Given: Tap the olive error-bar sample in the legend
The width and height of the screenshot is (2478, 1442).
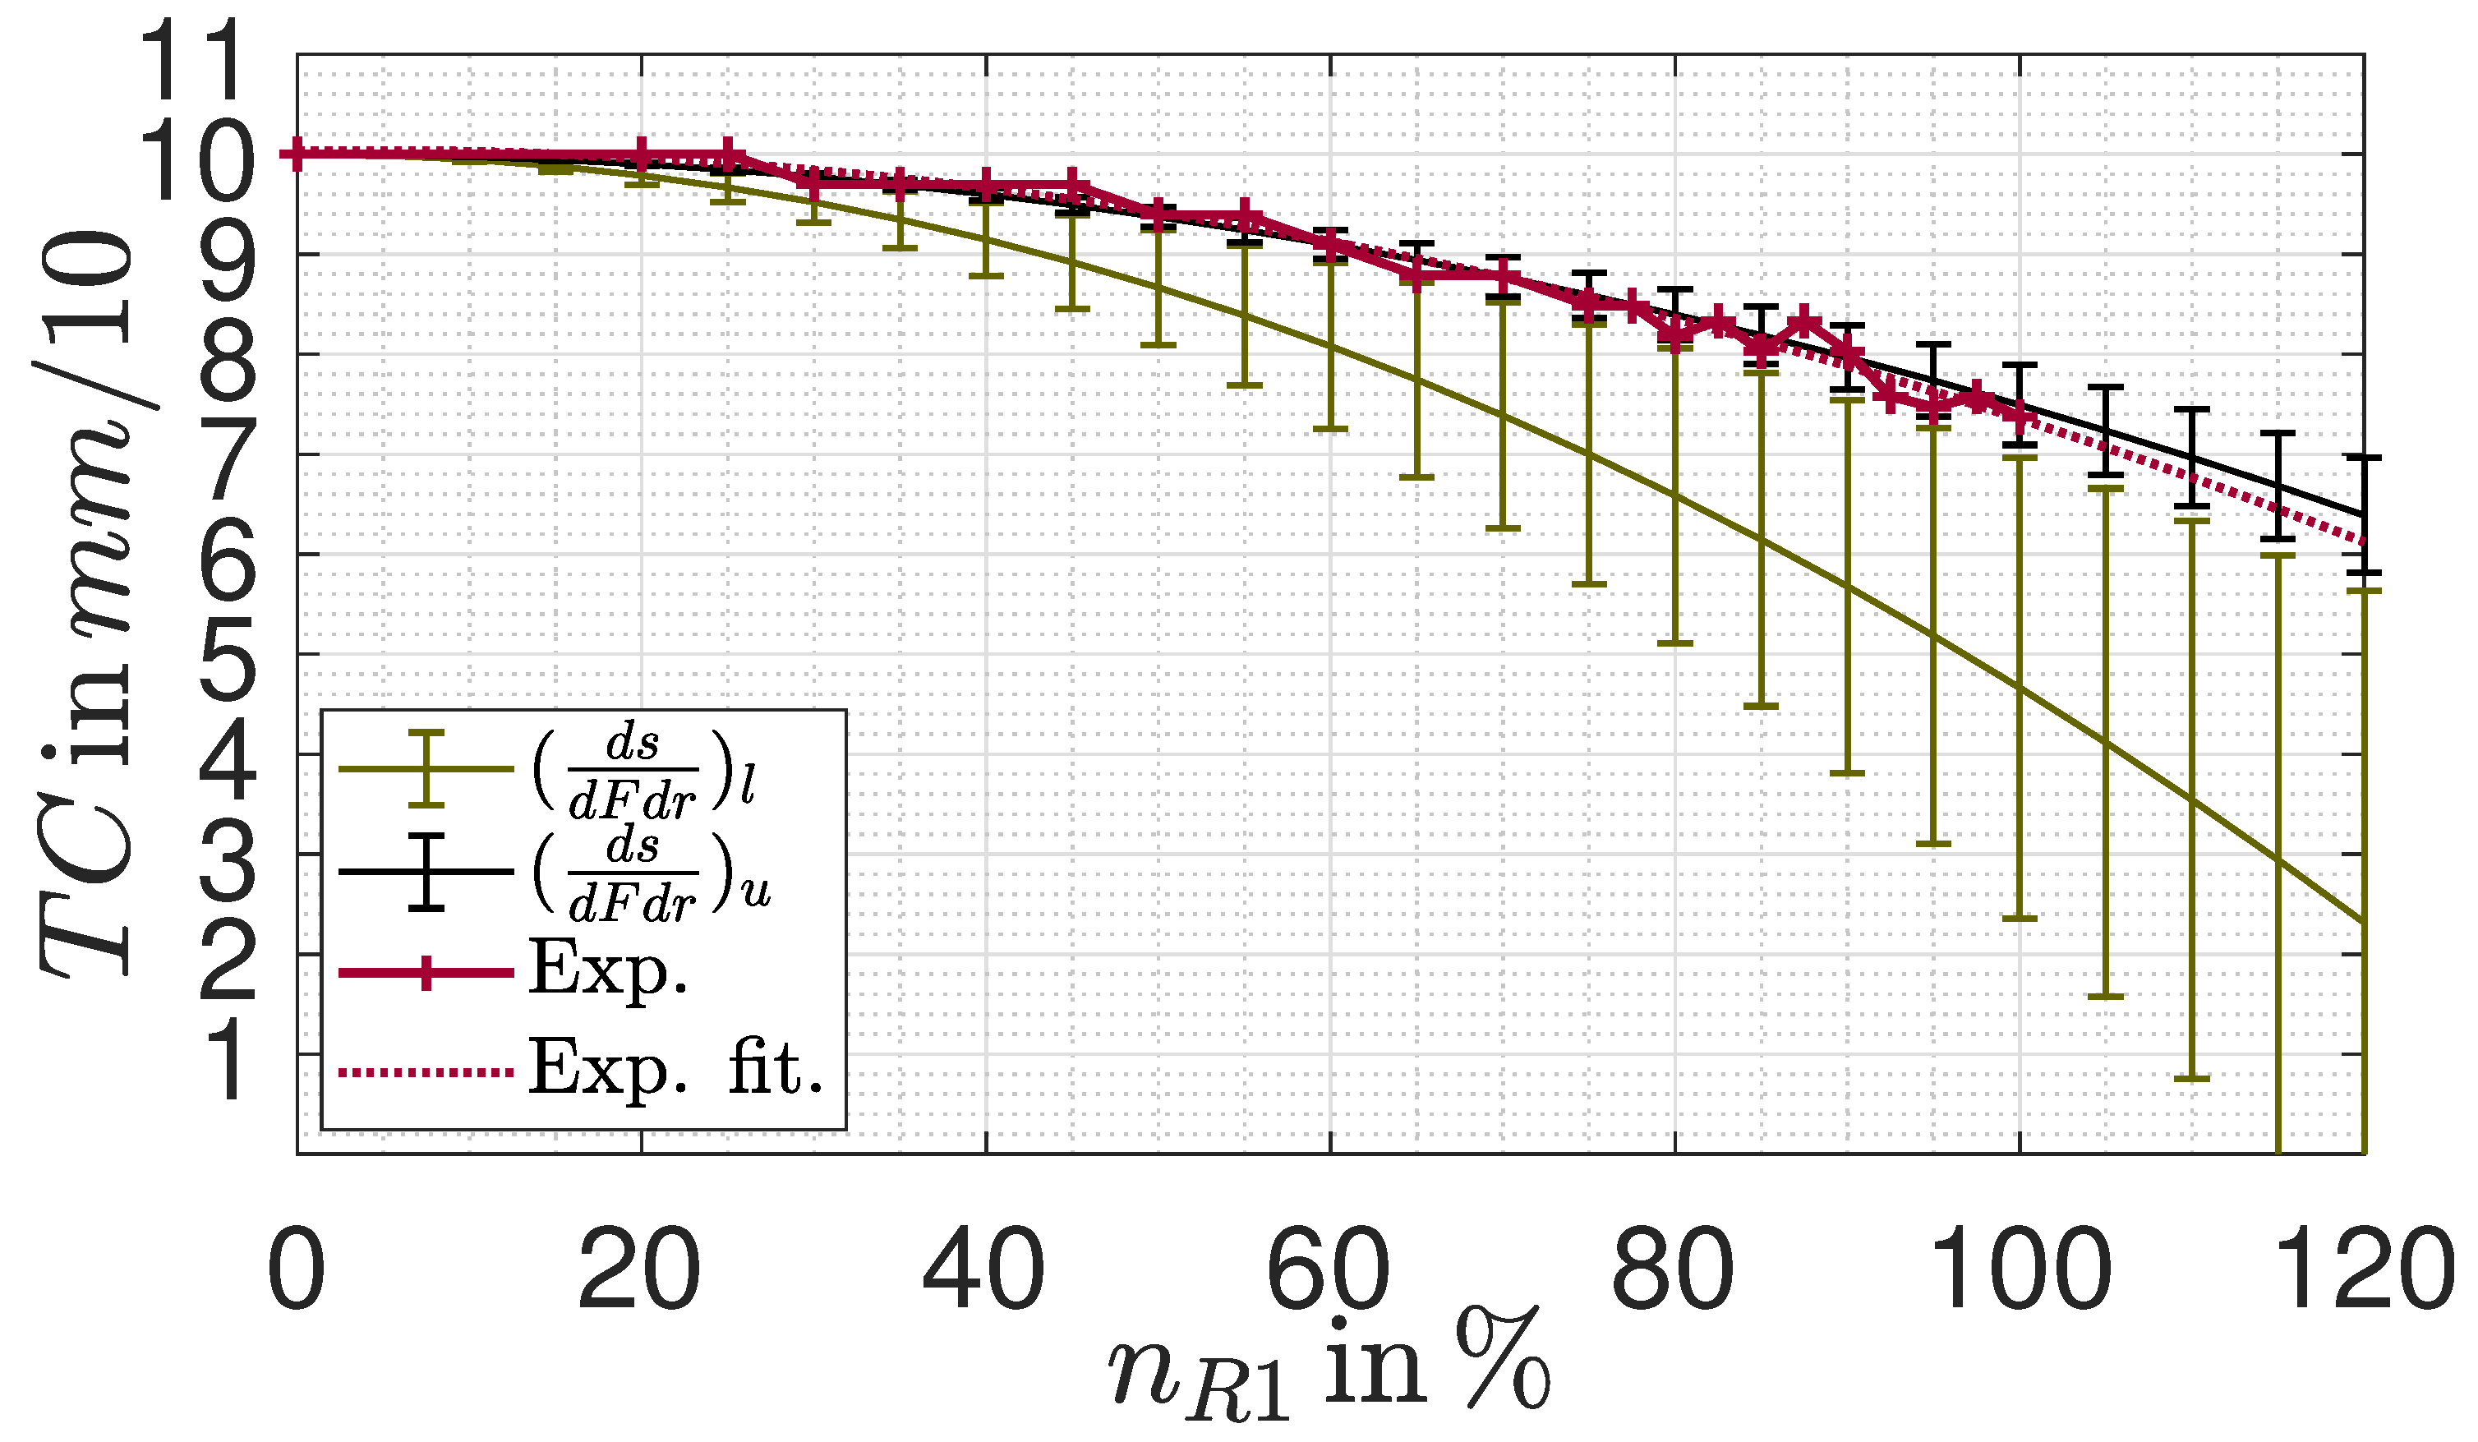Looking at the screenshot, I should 426,769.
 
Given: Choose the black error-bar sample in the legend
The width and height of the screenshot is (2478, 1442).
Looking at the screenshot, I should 426,872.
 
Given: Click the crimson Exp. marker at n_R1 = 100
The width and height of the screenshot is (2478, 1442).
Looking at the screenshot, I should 2020,418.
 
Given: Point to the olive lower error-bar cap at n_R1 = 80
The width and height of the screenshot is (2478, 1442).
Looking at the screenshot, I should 1674,643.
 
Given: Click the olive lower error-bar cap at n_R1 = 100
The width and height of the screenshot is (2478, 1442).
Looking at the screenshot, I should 2020,918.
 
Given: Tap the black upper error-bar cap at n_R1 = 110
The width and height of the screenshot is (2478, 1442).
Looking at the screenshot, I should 2192,409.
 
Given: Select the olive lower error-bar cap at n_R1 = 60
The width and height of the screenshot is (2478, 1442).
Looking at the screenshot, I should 1329,429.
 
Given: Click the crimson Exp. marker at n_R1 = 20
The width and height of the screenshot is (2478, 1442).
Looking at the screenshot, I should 641,154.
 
